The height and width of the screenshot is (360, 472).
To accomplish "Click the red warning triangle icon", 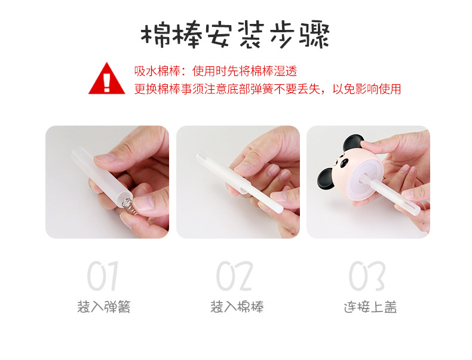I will click(106, 80).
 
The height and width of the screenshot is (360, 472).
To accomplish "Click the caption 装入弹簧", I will click(103, 307).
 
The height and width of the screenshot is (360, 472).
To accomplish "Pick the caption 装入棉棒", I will click(237, 307).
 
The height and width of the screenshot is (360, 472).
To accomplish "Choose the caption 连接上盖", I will click(370, 307).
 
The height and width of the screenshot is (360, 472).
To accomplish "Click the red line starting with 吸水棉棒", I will click(215, 72).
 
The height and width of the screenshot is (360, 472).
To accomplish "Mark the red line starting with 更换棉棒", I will click(267, 89).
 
